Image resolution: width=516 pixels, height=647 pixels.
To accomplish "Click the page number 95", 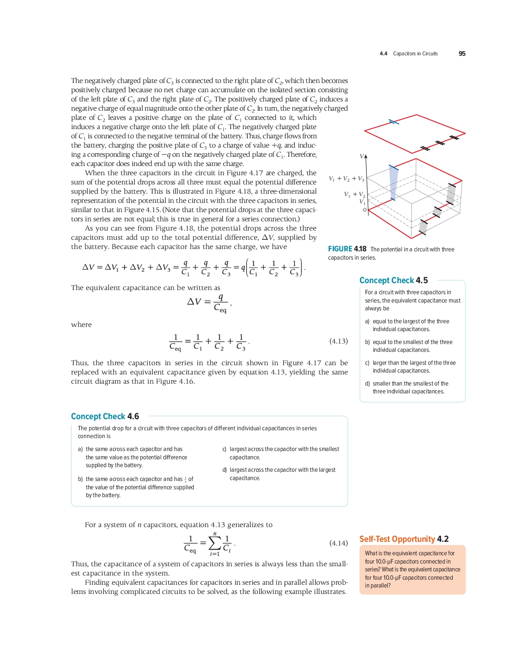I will (x=462, y=54).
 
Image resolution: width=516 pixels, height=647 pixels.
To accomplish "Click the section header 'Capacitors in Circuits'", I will (x=415, y=54).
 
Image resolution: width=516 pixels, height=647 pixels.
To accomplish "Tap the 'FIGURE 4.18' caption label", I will (x=347, y=249).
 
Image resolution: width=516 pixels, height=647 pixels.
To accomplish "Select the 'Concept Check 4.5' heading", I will (x=394, y=280).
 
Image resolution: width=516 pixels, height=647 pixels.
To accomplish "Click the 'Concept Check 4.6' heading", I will (x=105, y=416).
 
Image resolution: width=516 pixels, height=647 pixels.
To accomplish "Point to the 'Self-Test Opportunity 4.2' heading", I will (x=404, y=539).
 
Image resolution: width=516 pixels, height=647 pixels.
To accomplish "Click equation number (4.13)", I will (x=338, y=341).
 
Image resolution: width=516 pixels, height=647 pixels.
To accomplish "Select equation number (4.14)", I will (x=338, y=543).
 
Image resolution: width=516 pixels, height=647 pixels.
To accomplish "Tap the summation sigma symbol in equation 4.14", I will (x=215, y=543).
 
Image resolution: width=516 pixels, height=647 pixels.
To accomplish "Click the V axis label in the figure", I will (x=362, y=156).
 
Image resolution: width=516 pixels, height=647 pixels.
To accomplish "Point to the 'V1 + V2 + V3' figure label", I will (x=346, y=179).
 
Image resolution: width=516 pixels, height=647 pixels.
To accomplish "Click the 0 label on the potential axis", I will (x=365, y=210).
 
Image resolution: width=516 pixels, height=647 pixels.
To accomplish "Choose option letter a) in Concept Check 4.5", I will (x=367, y=321).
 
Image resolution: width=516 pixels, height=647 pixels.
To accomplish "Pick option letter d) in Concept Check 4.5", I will (x=367, y=384).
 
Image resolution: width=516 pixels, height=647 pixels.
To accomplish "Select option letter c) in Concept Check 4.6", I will (x=224, y=449).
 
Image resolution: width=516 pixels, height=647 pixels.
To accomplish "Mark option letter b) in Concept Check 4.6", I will (x=80, y=480).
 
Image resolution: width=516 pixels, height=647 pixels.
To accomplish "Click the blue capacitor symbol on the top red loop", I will (x=394, y=122).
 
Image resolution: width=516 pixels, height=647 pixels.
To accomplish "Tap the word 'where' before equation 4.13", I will (x=81, y=325).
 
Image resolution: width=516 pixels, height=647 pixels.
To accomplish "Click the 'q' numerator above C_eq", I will (x=221, y=297).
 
